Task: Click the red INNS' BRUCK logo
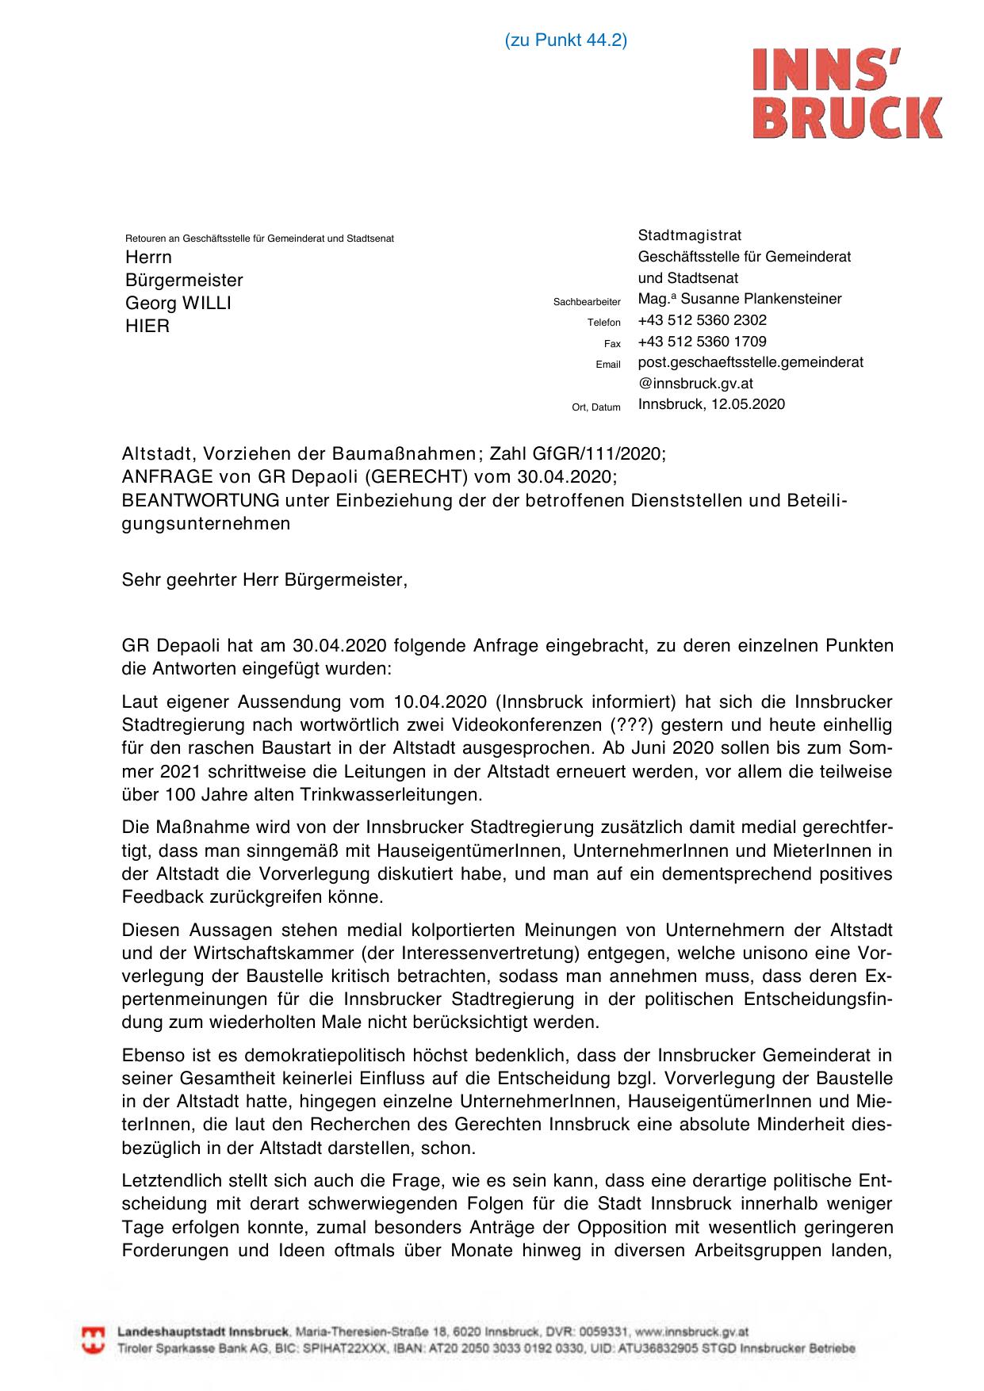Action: pyautogui.click(x=847, y=94)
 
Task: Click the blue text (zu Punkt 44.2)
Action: pyautogui.click(x=565, y=40)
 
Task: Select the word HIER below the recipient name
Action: pyautogui.click(x=147, y=327)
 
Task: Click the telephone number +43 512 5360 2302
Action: pyautogui.click(x=702, y=320)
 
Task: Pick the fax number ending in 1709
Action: pyautogui.click(x=702, y=342)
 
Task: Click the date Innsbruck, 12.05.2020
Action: pyautogui.click(x=711, y=404)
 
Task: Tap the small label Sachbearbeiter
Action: pyautogui.click(x=587, y=302)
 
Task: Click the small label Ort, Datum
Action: pyautogui.click(x=595, y=407)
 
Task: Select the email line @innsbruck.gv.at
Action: pyautogui.click(x=695, y=384)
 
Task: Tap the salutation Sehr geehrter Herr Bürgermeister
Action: pyautogui.click(x=264, y=580)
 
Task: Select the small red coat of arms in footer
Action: pyautogui.click(x=94, y=1339)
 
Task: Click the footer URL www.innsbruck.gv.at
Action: pyautogui.click(x=691, y=1332)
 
